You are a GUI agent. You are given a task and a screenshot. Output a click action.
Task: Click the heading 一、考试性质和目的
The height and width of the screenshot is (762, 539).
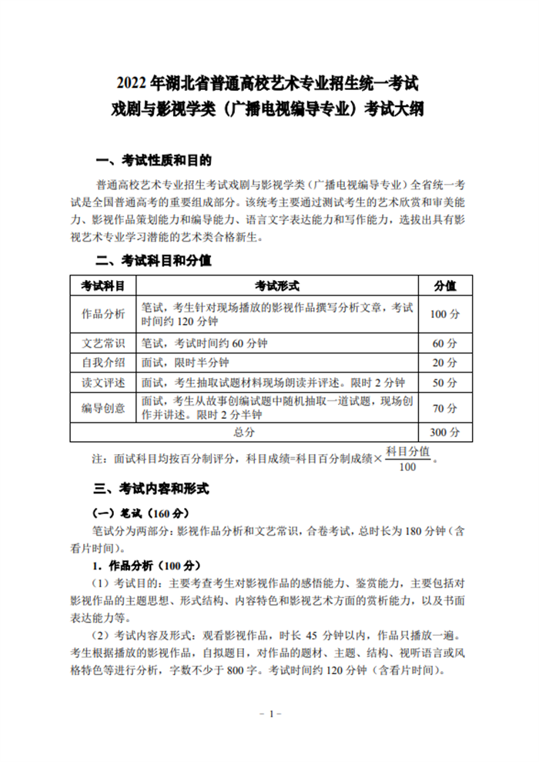[152, 161]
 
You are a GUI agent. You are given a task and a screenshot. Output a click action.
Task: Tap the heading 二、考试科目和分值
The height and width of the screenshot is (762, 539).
[152, 260]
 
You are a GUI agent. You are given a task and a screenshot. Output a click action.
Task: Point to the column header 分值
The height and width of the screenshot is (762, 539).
[444, 286]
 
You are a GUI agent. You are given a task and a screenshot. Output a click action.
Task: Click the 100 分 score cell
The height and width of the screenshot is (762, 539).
[444, 314]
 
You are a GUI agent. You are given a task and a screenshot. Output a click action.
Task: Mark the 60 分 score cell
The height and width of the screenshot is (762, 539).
[444, 343]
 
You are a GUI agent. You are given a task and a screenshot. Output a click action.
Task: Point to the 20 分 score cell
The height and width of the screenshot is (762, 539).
[444, 363]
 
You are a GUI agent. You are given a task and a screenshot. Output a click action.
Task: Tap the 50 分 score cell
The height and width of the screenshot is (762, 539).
[444, 383]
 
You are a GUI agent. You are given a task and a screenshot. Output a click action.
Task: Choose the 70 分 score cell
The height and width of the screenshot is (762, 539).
[444, 408]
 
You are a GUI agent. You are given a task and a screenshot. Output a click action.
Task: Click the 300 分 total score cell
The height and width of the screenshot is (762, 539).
[444, 432]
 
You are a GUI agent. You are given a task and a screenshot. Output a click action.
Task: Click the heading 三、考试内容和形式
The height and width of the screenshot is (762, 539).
[152, 489]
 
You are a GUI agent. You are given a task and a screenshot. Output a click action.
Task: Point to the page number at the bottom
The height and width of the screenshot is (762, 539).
[269, 714]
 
